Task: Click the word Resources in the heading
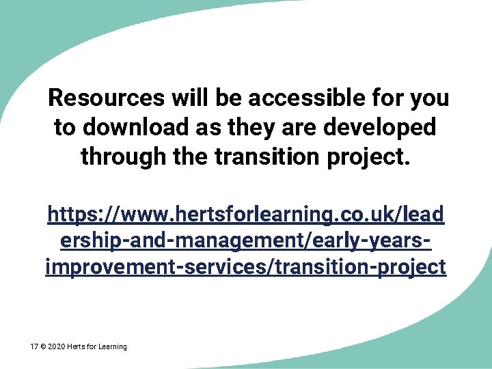(106, 98)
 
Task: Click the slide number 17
(34, 347)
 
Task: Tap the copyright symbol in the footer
(43, 347)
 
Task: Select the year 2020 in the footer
(56, 347)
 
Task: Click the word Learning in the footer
(112, 347)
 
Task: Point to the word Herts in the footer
(76, 347)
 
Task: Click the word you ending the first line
(428, 98)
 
